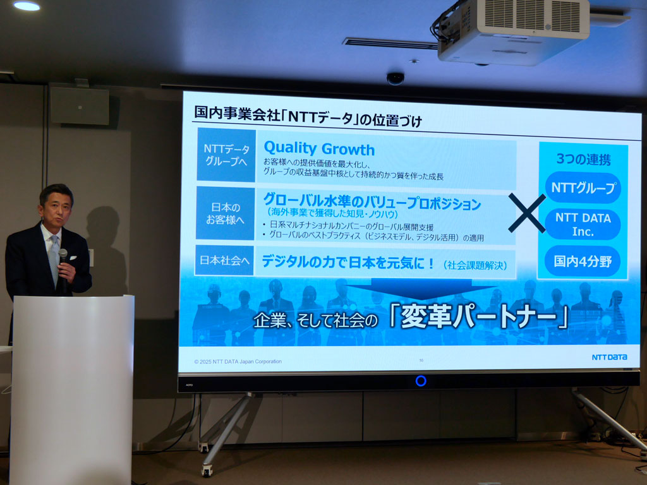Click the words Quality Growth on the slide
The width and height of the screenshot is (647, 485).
tap(319, 149)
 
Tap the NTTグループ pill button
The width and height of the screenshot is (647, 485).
tap(583, 188)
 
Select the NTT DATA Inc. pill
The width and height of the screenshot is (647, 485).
tap(583, 225)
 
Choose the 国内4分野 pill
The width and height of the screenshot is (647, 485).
tap(583, 261)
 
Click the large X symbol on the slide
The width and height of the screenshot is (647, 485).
tap(526, 213)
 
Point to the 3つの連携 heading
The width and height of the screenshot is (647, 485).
tap(583, 159)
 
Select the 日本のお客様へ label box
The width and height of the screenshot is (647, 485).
tap(226, 213)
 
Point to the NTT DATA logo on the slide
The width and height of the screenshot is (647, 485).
tap(609, 357)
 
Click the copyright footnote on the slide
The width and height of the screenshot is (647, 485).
tap(238, 361)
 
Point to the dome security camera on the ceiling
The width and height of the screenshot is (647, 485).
tap(396, 78)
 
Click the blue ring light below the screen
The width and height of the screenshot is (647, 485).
tap(421, 381)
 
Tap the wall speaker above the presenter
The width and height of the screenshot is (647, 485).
tap(80, 105)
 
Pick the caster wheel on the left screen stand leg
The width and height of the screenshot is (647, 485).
tap(207, 470)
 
